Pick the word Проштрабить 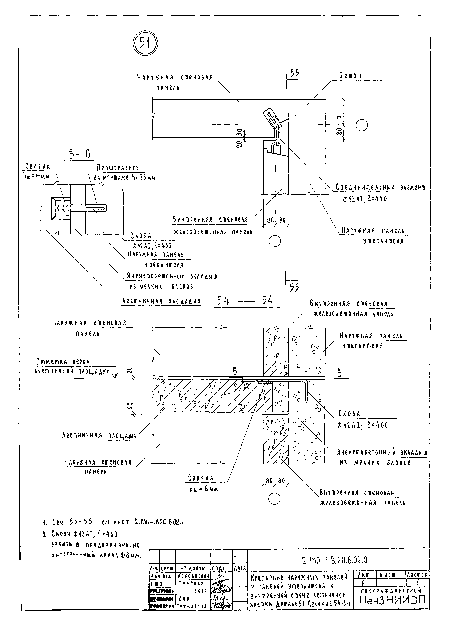click(x=118, y=168)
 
